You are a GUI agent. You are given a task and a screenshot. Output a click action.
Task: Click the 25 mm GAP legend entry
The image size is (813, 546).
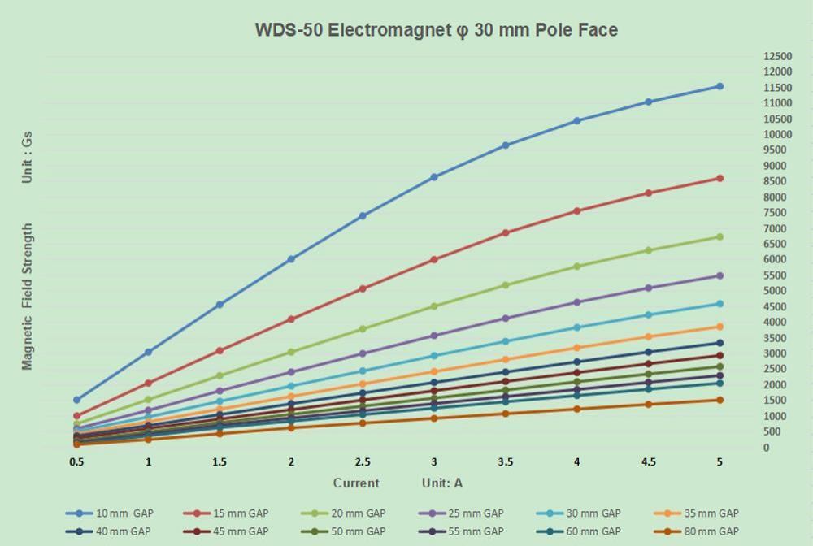(476, 513)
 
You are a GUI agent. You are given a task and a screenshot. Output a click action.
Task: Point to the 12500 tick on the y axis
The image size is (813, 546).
(777, 56)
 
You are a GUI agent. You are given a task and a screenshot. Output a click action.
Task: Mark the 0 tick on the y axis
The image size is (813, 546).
(766, 448)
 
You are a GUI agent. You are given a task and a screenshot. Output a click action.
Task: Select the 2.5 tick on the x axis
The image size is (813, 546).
(363, 462)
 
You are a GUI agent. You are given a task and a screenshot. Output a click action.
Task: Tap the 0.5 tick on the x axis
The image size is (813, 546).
(76, 462)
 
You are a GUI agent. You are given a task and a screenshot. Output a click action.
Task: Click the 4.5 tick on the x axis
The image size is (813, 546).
(648, 462)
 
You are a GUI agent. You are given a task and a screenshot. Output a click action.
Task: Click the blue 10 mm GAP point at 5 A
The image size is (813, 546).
(720, 86)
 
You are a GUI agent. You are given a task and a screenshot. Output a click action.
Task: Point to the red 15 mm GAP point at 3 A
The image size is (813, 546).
(434, 260)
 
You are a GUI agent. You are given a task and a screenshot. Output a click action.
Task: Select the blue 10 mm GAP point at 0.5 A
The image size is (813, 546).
(76, 400)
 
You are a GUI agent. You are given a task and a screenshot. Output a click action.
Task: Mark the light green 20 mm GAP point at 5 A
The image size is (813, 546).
(720, 237)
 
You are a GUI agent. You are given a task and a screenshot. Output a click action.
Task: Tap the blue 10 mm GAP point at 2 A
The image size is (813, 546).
(291, 259)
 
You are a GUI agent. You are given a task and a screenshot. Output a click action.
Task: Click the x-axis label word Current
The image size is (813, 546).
(356, 483)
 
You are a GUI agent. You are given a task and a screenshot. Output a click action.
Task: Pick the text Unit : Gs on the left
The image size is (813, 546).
(27, 156)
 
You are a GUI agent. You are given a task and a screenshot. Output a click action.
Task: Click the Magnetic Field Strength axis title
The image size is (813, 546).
(27, 297)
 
